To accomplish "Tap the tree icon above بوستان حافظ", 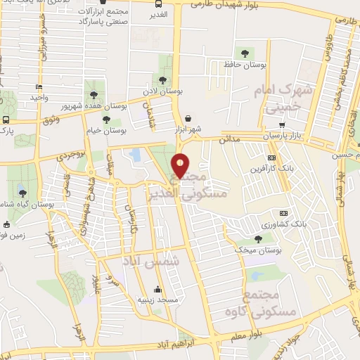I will click(245, 53).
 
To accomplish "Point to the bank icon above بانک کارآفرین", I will click(272, 157).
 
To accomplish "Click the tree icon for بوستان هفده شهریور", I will click(94, 94).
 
